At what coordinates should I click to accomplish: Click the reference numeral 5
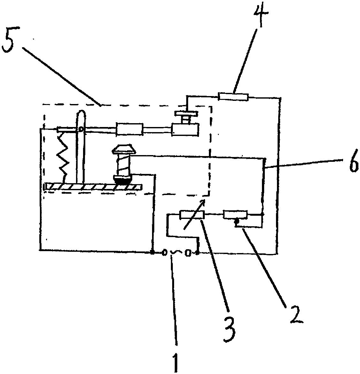tap(8, 42)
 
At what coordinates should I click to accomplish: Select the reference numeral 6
tap(354, 161)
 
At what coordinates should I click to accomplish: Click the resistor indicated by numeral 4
tap(234, 97)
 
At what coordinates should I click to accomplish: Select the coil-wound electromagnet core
tap(123, 166)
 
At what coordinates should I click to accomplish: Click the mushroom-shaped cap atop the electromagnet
tap(123, 149)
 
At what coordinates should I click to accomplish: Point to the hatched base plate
tap(93, 187)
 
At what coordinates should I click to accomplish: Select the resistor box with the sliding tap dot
tap(235, 214)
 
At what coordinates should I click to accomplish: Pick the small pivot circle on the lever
tap(81, 129)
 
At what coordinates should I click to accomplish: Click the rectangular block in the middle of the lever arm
tap(129, 130)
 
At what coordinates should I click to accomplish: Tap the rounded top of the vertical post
tap(81, 114)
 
